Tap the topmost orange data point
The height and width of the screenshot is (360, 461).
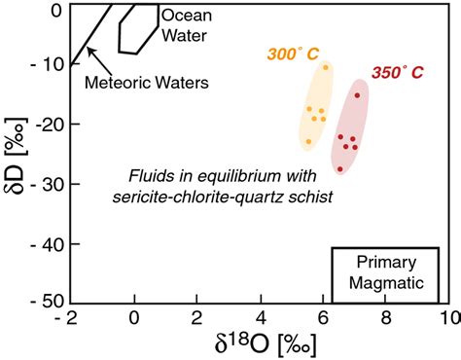(x=325, y=67)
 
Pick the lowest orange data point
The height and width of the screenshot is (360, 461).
(x=309, y=142)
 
